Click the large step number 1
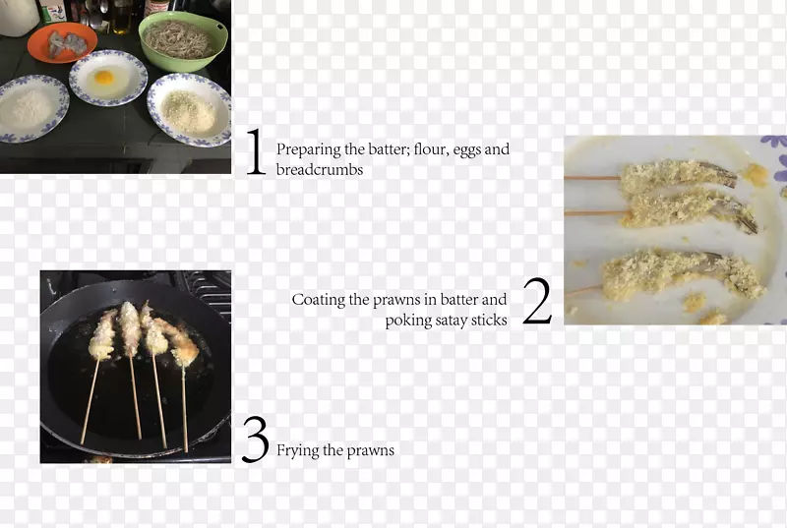point(256,151)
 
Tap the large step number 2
point(537,301)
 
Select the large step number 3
point(256,440)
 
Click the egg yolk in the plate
point(104,78)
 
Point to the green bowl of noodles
point(183,41)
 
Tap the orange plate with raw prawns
point(62,42)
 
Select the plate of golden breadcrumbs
point(190,110)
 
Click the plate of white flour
point(32,109)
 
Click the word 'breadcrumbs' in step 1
point(320,169)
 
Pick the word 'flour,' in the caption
point(431,148)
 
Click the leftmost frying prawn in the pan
point(102,334)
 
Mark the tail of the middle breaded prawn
point(741,216)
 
